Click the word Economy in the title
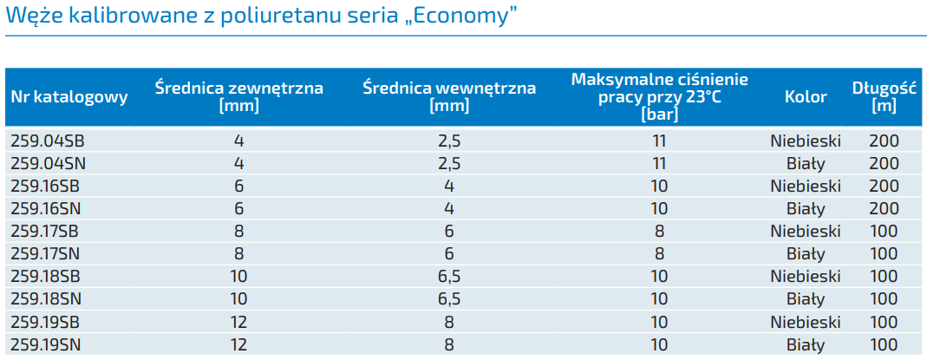click(x=459, y=16)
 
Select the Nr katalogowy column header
click(x=69, y=96)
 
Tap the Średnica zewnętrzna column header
click(x=239, y=95)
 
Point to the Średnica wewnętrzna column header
click(x=449, y=95)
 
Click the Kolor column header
click(x=806, y=96)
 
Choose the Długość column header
click(x=884, y=95)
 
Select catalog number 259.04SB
click(x=47, y=141)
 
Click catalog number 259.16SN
click(x=47, y=208)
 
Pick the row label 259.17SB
click(x=47, y=231)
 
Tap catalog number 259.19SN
click(x=47, y=344)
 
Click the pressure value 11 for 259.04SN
click(x=659, y=163)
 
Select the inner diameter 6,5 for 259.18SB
click(x=449, y=277)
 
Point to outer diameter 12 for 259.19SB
click(x=239, y=322)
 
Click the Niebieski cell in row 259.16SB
click(x=806, y=186)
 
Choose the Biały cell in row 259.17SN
click(x=806, y=254)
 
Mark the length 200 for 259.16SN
click(x=884, y=208)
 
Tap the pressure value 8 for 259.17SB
click(x=659, y=231)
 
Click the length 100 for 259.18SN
click(x=884, y=299)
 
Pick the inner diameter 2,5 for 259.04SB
click(x=449, y=141)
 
